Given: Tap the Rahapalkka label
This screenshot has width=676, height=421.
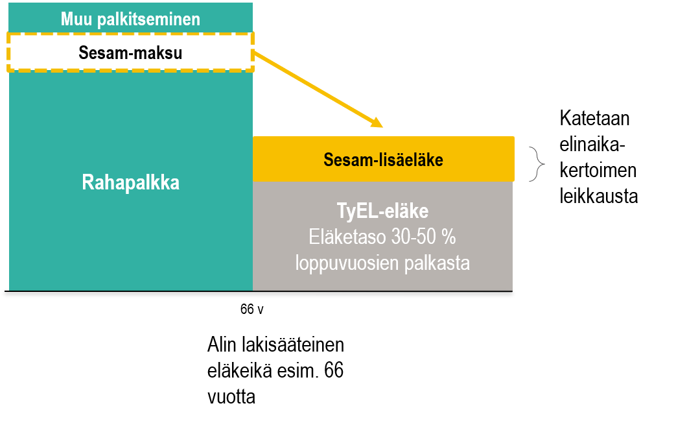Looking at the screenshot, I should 130,183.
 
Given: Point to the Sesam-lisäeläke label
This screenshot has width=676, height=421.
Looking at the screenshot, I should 383,160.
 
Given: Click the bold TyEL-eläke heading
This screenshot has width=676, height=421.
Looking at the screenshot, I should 382,211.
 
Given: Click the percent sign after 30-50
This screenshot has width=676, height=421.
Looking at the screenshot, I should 449,237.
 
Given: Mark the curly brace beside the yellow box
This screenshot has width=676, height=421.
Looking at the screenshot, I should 537,164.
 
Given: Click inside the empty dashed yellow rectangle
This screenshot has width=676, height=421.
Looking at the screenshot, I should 130,51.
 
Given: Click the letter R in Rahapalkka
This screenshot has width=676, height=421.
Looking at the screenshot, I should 87,183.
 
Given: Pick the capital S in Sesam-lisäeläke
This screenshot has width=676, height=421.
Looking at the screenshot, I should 328,160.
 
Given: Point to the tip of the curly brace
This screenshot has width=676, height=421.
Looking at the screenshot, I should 544,164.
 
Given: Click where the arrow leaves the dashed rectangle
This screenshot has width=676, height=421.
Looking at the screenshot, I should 253,53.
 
